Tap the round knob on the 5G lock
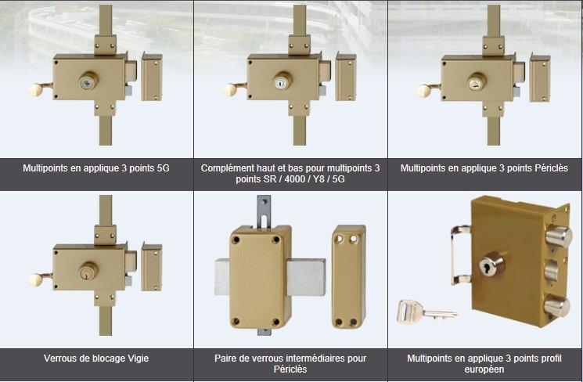coord(35,90)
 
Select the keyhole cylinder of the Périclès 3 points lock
coord(476,81)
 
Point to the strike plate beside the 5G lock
coord(152,77)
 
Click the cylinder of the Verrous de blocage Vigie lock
coord(88,271)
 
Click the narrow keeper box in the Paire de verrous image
coord(348,276)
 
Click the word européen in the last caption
coord(484,369)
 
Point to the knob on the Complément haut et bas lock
coord(229,90)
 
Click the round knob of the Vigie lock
coord(35,280)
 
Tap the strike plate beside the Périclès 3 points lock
coord(539,77)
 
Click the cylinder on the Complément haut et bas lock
coord(282,81)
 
